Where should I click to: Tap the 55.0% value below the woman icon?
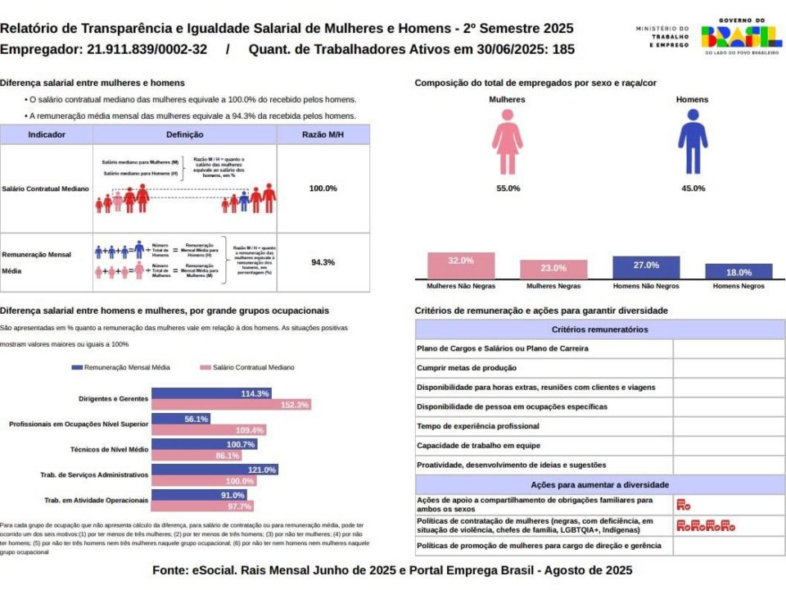[508, 188]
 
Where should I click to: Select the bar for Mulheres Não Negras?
[461, 265]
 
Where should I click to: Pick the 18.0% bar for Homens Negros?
[739, 271]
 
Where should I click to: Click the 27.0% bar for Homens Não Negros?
[646, 267]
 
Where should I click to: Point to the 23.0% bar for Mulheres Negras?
[553, 269]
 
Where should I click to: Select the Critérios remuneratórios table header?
[600, 329]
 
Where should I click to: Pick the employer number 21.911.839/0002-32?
[147, 49]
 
